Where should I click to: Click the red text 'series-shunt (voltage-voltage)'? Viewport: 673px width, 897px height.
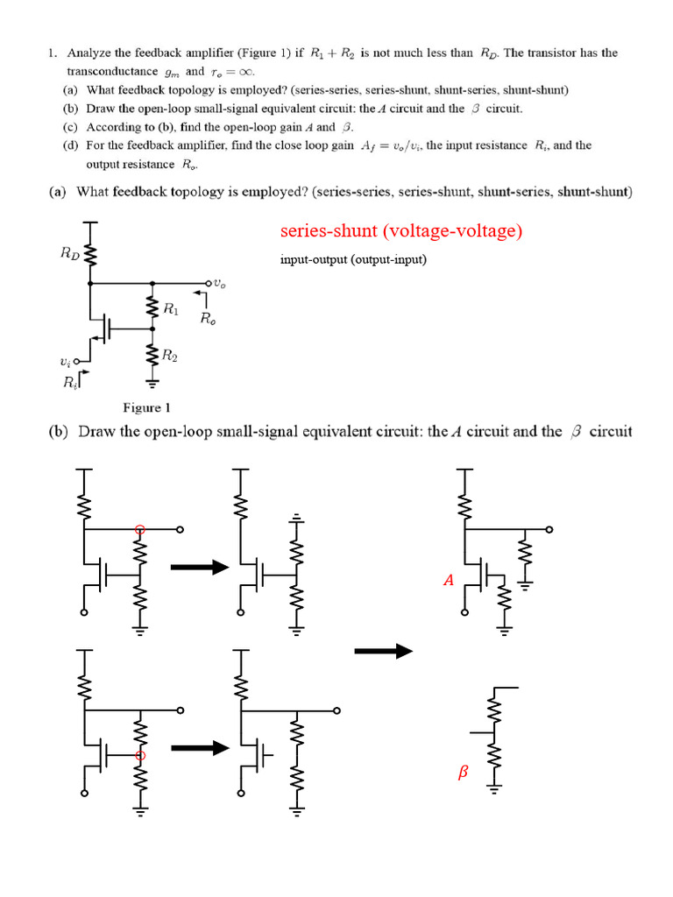click(x=401, y=231)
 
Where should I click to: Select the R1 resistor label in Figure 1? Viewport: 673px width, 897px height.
click(x=172, y=308)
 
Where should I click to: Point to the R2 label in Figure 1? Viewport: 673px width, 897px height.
click(x=172, y=356)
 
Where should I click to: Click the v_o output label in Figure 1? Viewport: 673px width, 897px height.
click(x=223, y=283)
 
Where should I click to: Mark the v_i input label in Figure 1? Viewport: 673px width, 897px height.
click(x=67, y=361)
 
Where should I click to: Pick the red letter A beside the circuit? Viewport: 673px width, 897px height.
click(x=448, y=579)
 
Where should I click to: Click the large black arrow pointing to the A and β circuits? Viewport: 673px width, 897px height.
click(x=383, y=651)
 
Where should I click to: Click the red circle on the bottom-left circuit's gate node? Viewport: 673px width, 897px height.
click(x=138, y=755)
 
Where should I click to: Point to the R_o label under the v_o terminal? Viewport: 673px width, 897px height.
click(x=209, y=319)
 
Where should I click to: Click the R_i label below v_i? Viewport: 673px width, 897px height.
click(x=69, y=382)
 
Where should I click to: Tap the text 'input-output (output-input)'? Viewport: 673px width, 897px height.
click(x=353, y=259)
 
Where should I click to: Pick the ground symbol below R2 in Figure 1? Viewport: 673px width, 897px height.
click(x=153, y=383)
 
